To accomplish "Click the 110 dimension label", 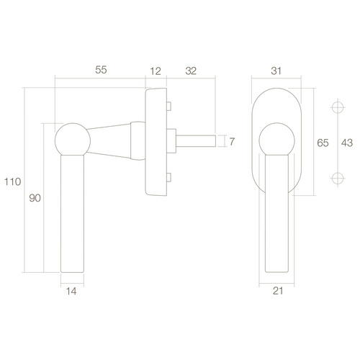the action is click(x=13, y=181).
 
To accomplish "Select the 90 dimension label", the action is click(x=35, y=198).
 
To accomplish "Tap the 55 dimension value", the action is click(x=101, y=70).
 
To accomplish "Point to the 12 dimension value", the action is click(x=156, y=71).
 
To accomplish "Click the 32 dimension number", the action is click(x=191, y=71).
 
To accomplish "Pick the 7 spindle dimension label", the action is click(x=232, y=142).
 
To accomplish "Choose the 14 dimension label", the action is click(x=71, y=291).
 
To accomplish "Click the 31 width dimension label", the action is click(x=276, y=71).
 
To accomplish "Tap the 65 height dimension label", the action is click(x=323, y=143).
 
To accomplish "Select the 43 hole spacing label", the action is click(x=347, y=143).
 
